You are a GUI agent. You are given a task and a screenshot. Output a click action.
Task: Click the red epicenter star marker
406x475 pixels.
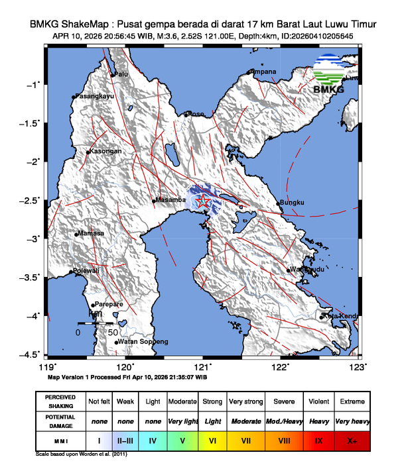point(203,202)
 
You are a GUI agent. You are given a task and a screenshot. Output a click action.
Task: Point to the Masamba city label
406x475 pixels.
point(170,200)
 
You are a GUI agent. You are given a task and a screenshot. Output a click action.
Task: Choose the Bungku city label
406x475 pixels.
point(293,202)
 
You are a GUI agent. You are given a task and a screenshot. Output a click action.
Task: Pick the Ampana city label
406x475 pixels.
point(264,72)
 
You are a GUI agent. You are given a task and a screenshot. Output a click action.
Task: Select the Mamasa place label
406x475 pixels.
point(90,233)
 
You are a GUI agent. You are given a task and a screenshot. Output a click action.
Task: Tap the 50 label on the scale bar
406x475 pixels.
point(113,332)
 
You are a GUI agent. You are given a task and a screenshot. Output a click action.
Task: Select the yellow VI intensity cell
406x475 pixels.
point(212,440)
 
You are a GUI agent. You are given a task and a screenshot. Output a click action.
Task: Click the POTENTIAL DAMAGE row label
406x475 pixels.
point(60,421)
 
